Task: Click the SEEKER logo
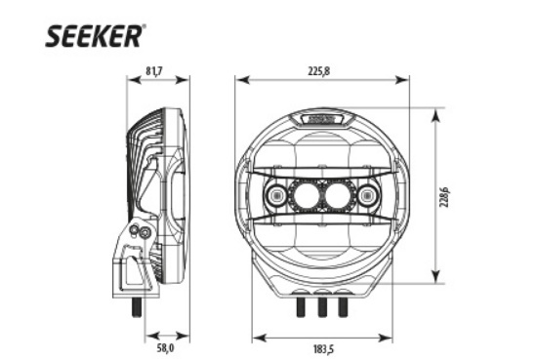click(x=93, y=35)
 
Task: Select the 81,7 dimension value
click(x=154, y=71)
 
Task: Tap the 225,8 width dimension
click(x=319, y=71)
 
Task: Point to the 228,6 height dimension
click(x=444, y=197)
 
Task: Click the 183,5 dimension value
click(x=323, y=349)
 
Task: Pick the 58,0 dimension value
click(x=165, y=348)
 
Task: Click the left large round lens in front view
click(x=305, y=196)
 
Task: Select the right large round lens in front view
click(x=338, y=196)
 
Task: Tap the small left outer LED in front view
click(x=275, y=196)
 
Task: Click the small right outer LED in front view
click(x=367, y=196)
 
